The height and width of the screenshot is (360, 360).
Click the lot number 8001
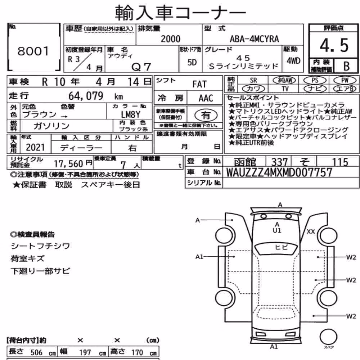[33, 51]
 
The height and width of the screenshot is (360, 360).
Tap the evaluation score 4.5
[334, 45]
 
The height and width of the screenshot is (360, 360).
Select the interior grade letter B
[346, 66]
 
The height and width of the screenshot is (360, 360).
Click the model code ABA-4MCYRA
[255, 39]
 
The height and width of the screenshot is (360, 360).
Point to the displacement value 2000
[171, 39]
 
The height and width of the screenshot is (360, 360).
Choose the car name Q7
[141, 67]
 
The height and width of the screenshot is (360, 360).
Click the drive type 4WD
[293, 61]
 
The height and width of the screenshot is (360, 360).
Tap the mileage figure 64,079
[86, 96]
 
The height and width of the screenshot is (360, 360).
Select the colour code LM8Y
[130, 114]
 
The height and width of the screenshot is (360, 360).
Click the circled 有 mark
[206, 115]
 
